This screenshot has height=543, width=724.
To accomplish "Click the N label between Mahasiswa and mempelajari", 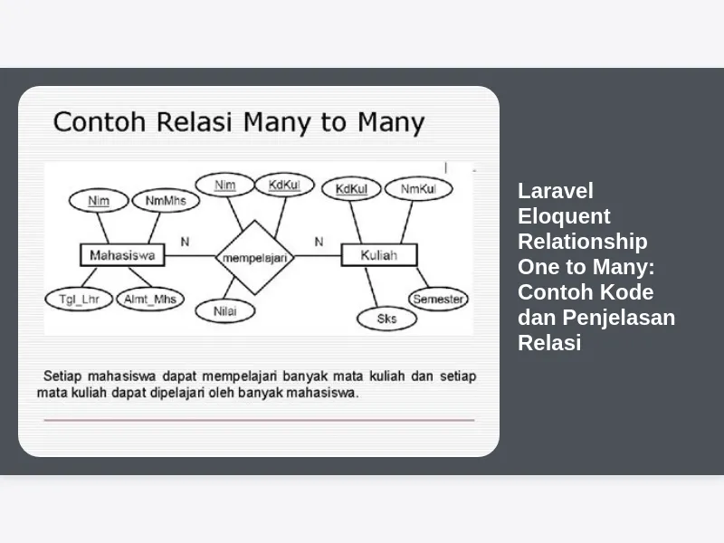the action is [185, 242].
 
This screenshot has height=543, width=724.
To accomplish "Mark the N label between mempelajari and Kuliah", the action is [319, 242].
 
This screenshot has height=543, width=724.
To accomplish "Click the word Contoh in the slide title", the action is [100, 122].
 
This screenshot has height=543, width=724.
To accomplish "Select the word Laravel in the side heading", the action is [556, 191].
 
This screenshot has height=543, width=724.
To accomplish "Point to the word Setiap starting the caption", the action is [62, 376].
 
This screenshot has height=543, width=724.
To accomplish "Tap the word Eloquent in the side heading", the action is [564, 216].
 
